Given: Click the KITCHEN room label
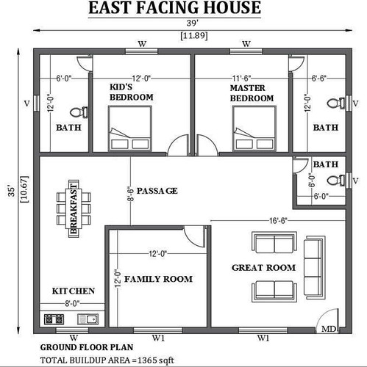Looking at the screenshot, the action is pyautogui.click(x=74, y=291).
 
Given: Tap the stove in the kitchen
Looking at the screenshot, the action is pyautogui.click(x=54, y=319).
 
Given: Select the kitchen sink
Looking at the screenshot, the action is pyautogui.click(x=88, y=319).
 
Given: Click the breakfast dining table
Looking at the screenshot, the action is pyautogui.click(x=74, y=208).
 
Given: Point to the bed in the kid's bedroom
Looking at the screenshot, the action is pyautogui.click(x=130, y=128).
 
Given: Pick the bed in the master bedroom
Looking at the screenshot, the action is pyautogui.click(x=254, y=128).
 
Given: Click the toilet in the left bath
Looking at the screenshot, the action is pyautogui.click(x=79, y=112).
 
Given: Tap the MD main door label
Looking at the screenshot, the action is pyautogui.click(x=329, y=329).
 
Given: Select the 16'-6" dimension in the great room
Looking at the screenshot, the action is pyautogui.click(x=278, y=221).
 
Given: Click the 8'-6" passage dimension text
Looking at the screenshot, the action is pyautogui.click(x=131, y=195).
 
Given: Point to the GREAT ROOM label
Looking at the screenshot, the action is pyautogui.click(x=264, y=268).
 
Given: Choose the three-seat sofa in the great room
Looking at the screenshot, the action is pyautogui.click(x=315, y=267).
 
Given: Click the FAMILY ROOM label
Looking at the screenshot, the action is pyautogui.click(x=158, y=279).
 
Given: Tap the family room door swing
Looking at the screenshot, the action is pyautogui.click(x=194, y=236).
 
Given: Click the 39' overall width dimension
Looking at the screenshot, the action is pyautogui.click(x=193, y=23).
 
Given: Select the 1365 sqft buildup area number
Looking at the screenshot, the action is pyautogui.click(x=156, y=360).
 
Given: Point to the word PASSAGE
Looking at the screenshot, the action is pyautogui.click(x=157, y=191).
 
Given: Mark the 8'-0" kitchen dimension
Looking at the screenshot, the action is pyautogui.click(x=72, y=304).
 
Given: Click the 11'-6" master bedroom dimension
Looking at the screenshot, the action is pyautogui.click(x=242, y=79).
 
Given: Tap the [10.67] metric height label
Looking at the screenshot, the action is pyautogui.click(x=25, y=189).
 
